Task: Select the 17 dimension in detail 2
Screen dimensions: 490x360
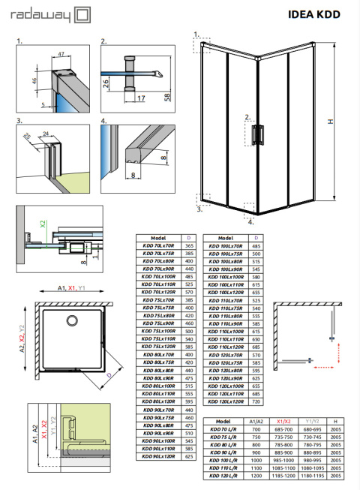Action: click(x=141, y=98)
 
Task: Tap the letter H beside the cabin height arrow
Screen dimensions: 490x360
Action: click(x=341, y=123)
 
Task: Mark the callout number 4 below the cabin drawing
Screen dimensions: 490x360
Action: click(x=252, y=222)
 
